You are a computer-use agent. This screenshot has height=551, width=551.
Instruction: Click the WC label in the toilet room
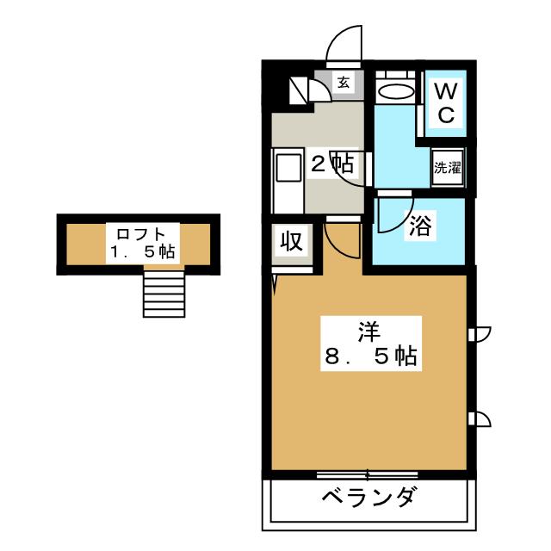click(446, 103)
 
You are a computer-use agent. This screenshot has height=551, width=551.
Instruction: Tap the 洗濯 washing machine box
click(447, 168)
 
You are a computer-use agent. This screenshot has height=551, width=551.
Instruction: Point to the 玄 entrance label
click(343, 83)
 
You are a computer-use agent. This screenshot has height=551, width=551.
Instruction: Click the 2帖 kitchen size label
click(331, 164)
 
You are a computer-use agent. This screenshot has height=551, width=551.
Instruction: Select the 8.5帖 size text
click(371, 355)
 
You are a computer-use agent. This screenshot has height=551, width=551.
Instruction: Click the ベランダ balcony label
click(371, 497)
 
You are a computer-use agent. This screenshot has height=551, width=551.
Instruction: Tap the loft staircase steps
click(163, 292)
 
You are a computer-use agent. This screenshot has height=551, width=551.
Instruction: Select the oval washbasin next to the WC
click(396, 92)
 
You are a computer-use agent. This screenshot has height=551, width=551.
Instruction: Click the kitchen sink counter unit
click(287, 181)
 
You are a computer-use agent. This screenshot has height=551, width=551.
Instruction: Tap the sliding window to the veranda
click(368, 474)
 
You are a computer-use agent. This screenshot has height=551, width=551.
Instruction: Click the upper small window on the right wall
click(480, 334)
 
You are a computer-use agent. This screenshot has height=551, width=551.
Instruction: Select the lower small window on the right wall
click(480, 419)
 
